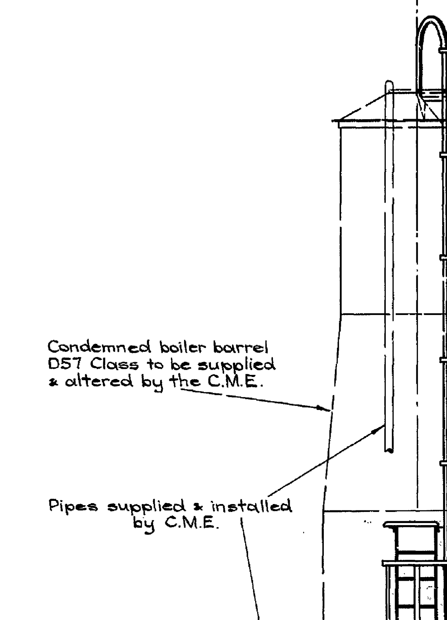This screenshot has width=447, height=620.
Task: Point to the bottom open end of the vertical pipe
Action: click(389, 451)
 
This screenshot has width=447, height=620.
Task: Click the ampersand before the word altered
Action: click(51, 382)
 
